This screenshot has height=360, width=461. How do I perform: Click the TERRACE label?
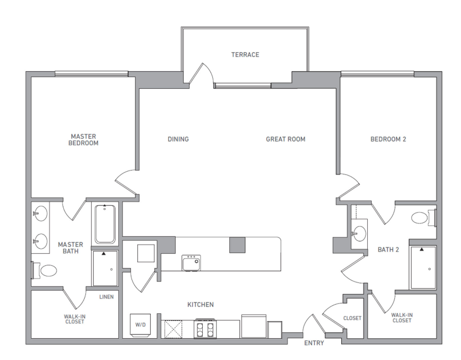[245, 55]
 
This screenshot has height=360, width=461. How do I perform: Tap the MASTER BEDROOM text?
[84, 140]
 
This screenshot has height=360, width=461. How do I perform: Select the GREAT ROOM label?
[286, 139]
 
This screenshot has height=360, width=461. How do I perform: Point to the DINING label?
[178, 139]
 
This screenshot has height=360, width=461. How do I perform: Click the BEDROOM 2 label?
[388, 139]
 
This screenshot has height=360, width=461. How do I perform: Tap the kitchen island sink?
[191, 263]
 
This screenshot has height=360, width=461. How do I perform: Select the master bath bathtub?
[105, 224]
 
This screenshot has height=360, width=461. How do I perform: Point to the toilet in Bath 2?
[423, 218]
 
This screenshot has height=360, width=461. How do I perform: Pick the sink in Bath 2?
[360, 232]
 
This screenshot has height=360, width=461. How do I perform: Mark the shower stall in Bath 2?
[423, 267]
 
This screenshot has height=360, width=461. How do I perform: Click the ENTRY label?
[314, 343]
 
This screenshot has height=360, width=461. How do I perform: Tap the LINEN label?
[106, 297]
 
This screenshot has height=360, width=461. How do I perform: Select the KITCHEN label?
[200, 305]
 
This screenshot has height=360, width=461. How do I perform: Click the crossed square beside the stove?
[172, 328]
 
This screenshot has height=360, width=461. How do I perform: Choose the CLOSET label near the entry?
[352, 319]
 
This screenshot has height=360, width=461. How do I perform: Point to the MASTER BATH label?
[70, 248]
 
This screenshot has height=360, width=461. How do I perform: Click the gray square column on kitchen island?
[237, 245]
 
